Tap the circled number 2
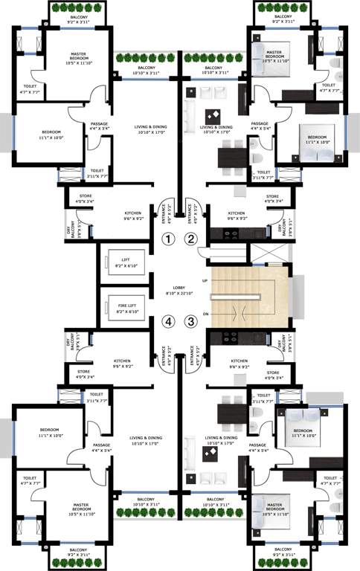tap(191, 239)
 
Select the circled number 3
tap(191, 322)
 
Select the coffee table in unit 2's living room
tap(213, 115)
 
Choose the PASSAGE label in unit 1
tap(100, 126)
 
